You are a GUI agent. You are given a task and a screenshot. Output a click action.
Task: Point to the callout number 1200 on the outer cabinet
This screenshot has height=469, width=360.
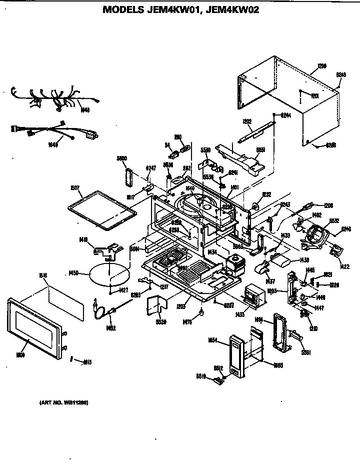[x=322, y=65]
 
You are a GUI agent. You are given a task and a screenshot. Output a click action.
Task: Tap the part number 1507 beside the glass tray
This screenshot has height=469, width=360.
[x=75, y=188]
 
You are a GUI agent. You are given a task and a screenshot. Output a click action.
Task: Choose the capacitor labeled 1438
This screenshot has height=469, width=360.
[x=281, y=258]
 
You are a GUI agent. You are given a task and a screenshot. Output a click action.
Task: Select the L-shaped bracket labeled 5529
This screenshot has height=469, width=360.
[x=156, y=305]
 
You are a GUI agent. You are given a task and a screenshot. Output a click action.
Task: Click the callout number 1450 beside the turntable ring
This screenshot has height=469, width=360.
[x=74, y=273]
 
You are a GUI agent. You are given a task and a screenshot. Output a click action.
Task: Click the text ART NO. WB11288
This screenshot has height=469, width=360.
[x=64, y=402]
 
